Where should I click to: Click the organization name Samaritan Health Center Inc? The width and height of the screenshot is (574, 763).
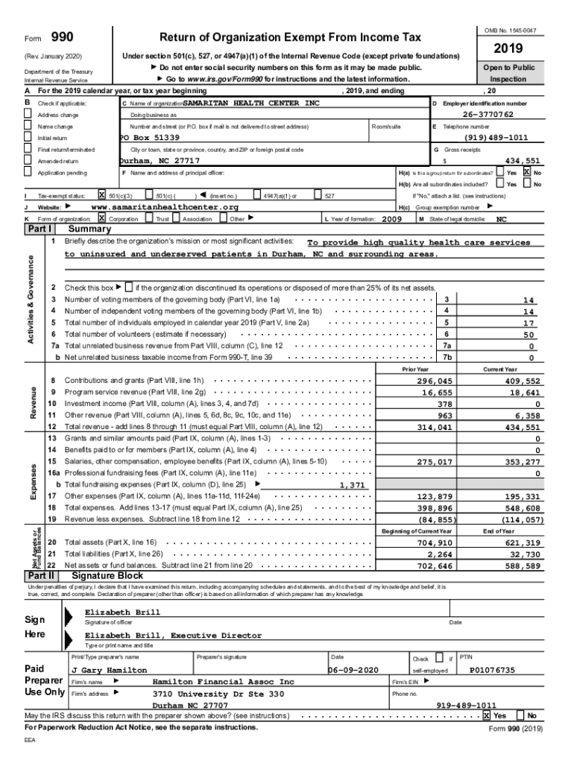pyautogui.click(x=250, y=103)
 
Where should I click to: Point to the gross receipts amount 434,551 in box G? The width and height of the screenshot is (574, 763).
pyautogui.click(x=523, y=160)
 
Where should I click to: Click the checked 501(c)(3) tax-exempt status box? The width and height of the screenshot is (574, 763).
pyautogui.click(x=102, y=195)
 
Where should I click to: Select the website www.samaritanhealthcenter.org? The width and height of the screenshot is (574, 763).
pyautogui.click(x=165, y=206)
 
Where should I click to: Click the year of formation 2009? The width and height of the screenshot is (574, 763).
pyautogui.click(x=392, y=219)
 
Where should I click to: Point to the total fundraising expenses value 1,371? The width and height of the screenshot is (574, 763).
pyautogui.click(x=352, y=485)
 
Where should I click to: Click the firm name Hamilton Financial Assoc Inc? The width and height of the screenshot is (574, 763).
pyautogui.click(x=223, y=682)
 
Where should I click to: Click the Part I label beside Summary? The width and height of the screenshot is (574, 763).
pyautogui.click(x=40, y=229)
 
